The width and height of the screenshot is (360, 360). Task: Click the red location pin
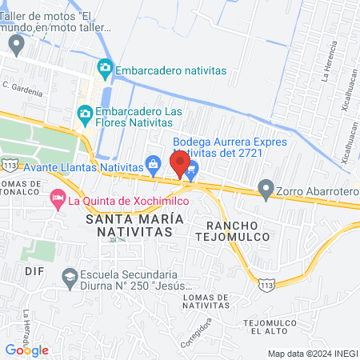(x=180, y=165)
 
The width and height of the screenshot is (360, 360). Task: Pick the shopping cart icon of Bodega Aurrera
(x=192, y=168)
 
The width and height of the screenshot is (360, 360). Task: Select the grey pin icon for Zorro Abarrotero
(x=266, y=190)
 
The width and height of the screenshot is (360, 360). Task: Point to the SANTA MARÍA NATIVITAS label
(x=130, y=224)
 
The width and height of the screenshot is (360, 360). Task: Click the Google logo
(x=27, y=350)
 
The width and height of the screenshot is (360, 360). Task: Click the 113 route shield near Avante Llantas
(x=9, y=164)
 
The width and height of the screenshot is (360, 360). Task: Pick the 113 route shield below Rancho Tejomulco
(x=266, y=282)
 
